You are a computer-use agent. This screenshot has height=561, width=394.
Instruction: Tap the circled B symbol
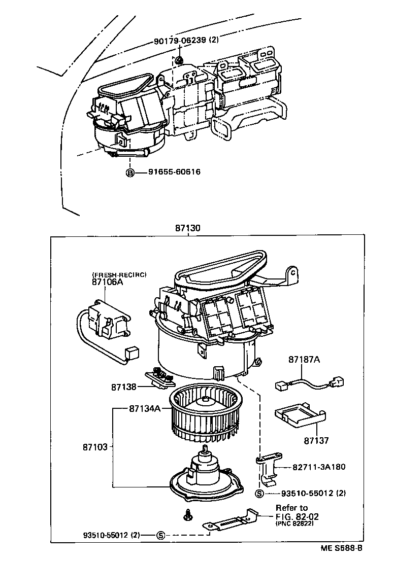pos(130,172)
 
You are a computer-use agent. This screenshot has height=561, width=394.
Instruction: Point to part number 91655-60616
pos(174,172)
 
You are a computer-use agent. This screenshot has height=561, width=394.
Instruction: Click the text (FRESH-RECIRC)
pos(119,274)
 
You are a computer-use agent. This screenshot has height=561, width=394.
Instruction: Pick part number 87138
pos(124,387)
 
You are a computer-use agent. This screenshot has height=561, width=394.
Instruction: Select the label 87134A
pos(145,408)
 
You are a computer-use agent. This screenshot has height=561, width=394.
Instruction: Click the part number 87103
pos(95,447)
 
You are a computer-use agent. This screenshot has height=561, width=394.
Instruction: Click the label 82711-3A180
pos(319,467)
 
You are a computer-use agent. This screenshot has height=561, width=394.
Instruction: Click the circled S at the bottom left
pos(160,535)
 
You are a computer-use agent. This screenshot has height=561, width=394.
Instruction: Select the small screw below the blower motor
pos(187,515)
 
